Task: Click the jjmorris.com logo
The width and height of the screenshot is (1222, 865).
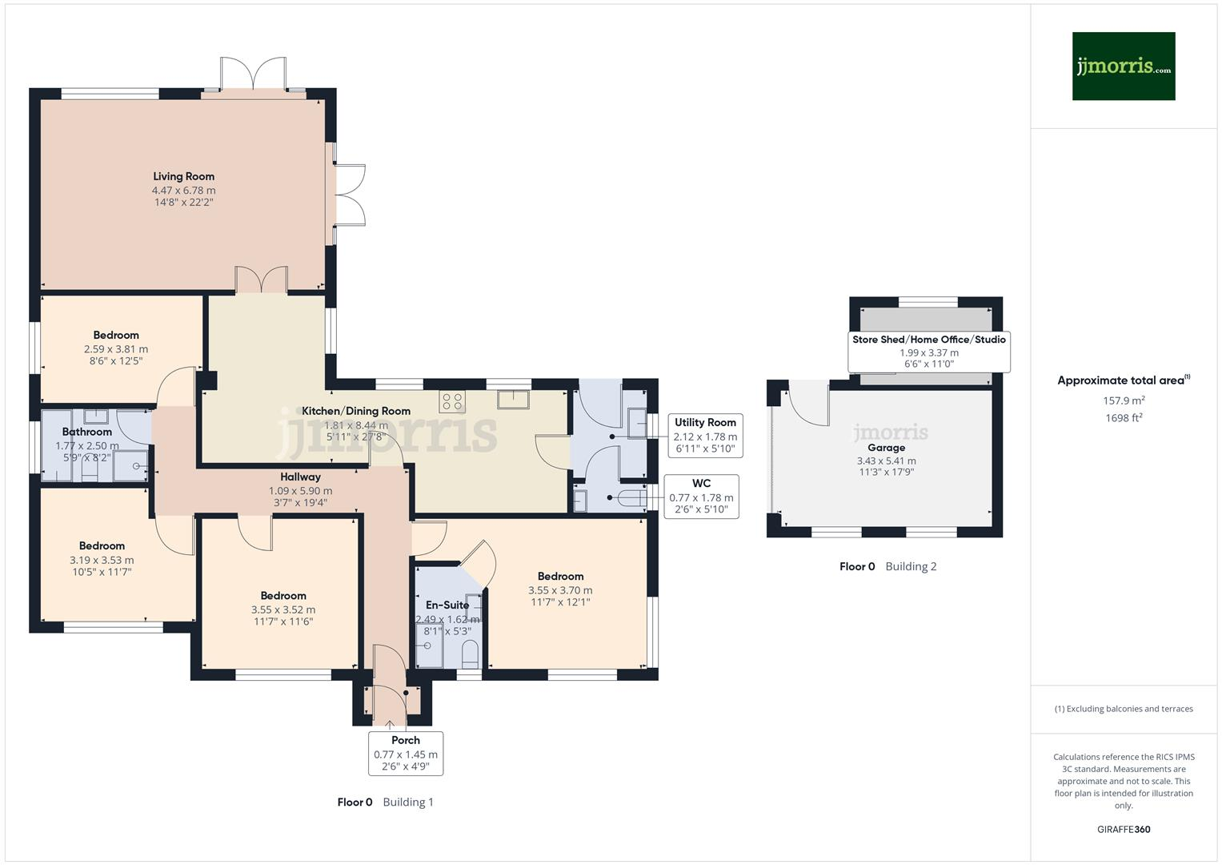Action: pyautogui.click(x=1123, y=66)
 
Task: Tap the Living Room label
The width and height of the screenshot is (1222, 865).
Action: pyautogui.click(x=183, y=176)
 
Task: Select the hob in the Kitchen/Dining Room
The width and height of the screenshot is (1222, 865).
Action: pyautogui.click(x=451, y=401)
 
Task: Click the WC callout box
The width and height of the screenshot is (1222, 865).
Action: pyautogui.click(x=701, y=496)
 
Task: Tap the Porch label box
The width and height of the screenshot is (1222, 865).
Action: pyautogui.click(x=406, y=753)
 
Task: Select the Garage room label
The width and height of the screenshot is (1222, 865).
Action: pyautogui.click(x=886, y=448)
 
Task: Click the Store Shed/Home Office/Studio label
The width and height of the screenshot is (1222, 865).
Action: pyautogui.click(x=928, y=340)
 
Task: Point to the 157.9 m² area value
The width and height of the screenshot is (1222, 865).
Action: pyautogui.click(x=1124, y=400)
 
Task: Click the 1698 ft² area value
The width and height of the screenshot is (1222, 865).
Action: pyautogui.click(x=1124, y=417)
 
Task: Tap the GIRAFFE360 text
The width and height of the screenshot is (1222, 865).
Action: pyautogui.click(x=1124, y=829)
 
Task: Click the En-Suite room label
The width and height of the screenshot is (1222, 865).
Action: pyautogui.click(x=447, y=605)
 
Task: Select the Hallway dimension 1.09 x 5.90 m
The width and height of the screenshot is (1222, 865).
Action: pyautogui.click(x=300, y=491)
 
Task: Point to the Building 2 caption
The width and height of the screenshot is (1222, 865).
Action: pyautogui.click(x=911, y=566)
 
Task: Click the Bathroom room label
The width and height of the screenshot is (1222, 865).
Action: pyautogui.click(x=87, y=432)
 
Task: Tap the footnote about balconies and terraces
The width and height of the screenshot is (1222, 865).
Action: pyautogui.click(x=1124, y=709)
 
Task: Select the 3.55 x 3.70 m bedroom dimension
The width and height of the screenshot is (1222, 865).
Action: pyautogui.click(x=560, y=590)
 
